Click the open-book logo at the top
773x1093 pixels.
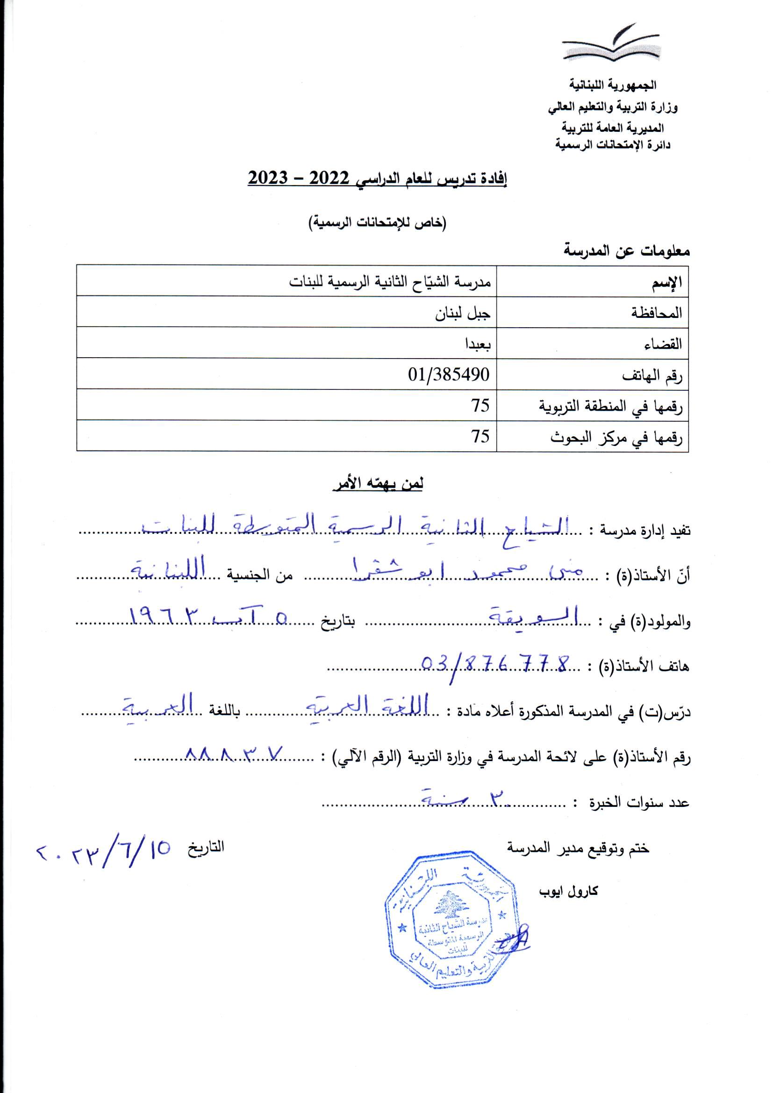click(x=611, y=43)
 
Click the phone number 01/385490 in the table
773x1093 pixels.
click(x=448, y=374)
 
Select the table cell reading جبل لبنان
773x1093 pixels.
click(x=462, y=314)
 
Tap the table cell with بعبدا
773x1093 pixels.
click(x=478, y=344)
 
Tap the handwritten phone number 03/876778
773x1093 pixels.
click(x=495, y=664)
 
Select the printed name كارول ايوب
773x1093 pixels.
click(x=568, y=891)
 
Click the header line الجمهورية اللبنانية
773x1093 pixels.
click(x=613, y=85)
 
